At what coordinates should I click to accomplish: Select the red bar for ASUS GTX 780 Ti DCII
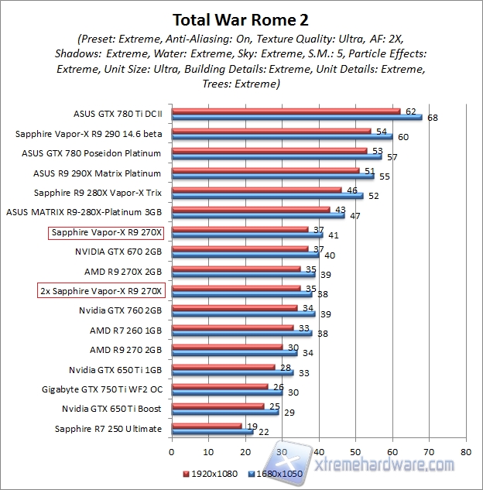[x=285, y=111]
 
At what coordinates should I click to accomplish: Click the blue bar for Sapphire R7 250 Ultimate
[x=211, y=432]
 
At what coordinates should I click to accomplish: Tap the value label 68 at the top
[x=431, y=118]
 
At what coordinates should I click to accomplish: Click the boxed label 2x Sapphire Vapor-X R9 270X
[x=101, y=291]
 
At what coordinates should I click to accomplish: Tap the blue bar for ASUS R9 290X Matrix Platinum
[x=272, y=176]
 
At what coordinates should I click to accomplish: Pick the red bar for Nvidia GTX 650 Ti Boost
[x=218, y=404]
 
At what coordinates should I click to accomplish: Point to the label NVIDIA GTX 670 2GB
[x=118, y=252]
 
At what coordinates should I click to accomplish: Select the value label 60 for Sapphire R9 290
[x=402, y=138]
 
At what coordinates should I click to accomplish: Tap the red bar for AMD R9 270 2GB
[x=227, y=345]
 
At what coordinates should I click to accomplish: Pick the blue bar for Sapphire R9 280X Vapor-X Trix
[x=267, y=196]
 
